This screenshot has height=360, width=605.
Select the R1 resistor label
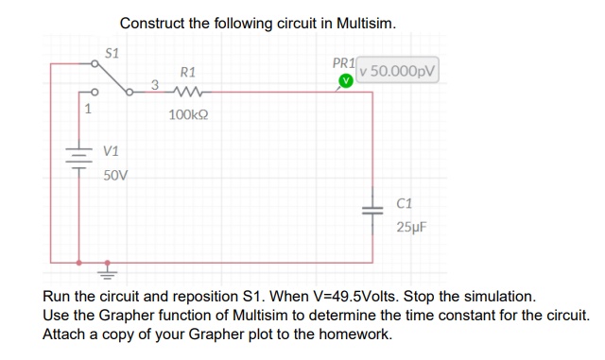(187, 72)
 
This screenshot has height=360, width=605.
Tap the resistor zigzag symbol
(188, 92)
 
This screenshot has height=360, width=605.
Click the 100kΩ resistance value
(188, 114)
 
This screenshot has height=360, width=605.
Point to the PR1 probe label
(344, 64)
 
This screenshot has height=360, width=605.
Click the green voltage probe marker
(346, 82)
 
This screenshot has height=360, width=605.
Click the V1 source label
(111, 151)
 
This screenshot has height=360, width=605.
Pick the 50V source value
(114, 176)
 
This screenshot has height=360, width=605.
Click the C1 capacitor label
(405, 202)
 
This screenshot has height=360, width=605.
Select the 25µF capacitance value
(411, 227)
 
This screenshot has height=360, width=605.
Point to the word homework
(357, 334)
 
